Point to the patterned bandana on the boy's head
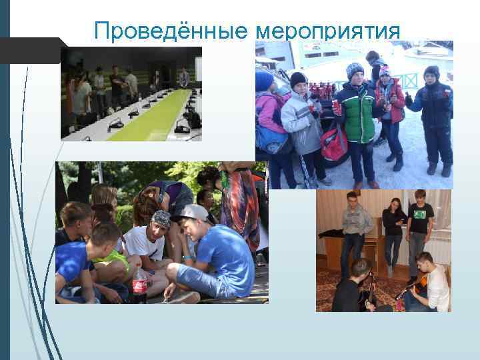click(x=162, y=218)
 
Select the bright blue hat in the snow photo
click(x=265, y=81)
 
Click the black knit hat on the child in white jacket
click(x=299, y=79)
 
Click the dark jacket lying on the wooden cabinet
click(x=331, y=233)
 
